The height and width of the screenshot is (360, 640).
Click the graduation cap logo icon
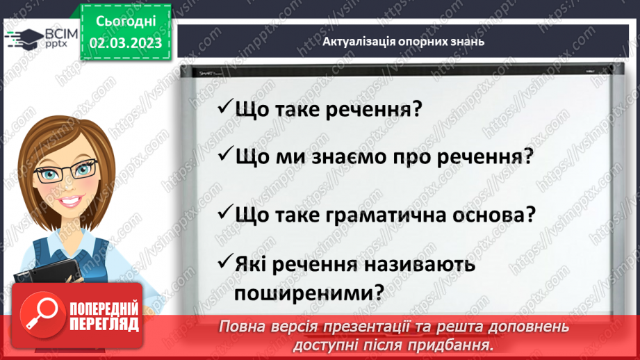coord(23,39)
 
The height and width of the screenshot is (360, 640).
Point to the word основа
coord(486,215)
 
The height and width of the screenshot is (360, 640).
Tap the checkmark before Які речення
coord(224,262)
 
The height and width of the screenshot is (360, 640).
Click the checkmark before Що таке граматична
coord(224,212)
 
